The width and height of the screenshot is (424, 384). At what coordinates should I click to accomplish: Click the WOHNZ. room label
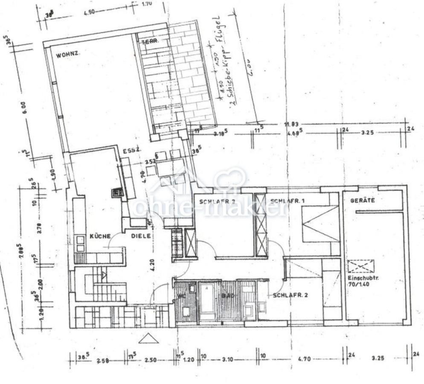(x=69, y=55)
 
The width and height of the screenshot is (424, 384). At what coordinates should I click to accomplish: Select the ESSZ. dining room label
(x=129, y=151)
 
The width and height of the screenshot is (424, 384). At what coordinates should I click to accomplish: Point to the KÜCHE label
(x=100, y=236)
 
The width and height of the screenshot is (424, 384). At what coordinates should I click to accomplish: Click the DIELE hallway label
(x=141, y=236)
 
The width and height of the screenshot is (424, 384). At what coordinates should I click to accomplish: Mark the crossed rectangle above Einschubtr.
(x=360, y=267)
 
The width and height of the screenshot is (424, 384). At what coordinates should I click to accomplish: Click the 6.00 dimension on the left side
(x=24, y=107)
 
